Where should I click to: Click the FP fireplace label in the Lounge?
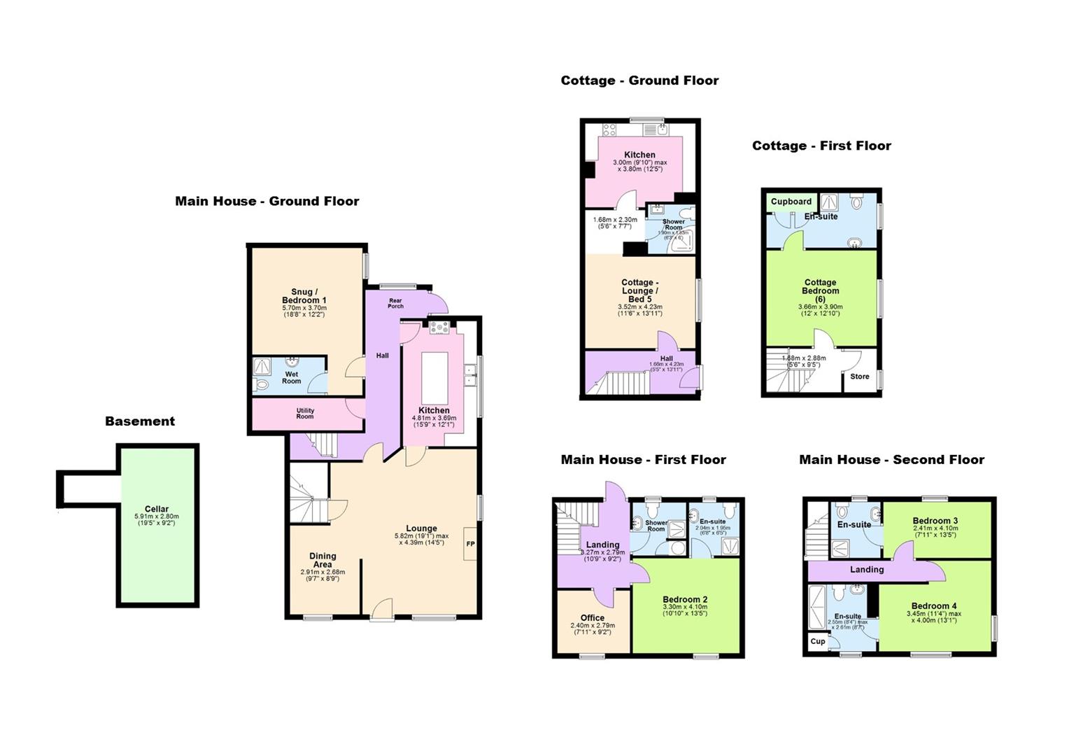pos(470,544)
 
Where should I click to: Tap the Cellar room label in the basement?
pos(157,509)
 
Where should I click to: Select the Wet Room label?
pos(292,377)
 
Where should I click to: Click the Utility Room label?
pos(305,414)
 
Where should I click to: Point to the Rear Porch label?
pos(395,302)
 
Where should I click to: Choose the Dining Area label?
pos(323,560)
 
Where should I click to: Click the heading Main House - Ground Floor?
pos(267,201)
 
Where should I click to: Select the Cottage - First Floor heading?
pos(821,146)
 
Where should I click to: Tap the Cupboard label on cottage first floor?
pos(791,202)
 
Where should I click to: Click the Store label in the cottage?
pos(860,377)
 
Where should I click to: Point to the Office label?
pos(593,617)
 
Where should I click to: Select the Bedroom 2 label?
pos(685,599)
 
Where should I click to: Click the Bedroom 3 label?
pos(935,520)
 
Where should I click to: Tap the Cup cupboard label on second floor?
pos(817,641)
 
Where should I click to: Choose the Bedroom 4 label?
pos(934,605)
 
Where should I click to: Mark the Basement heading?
pos(140,421)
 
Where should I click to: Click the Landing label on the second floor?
pos(867,569)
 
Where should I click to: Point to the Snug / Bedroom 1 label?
pos(304,295)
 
